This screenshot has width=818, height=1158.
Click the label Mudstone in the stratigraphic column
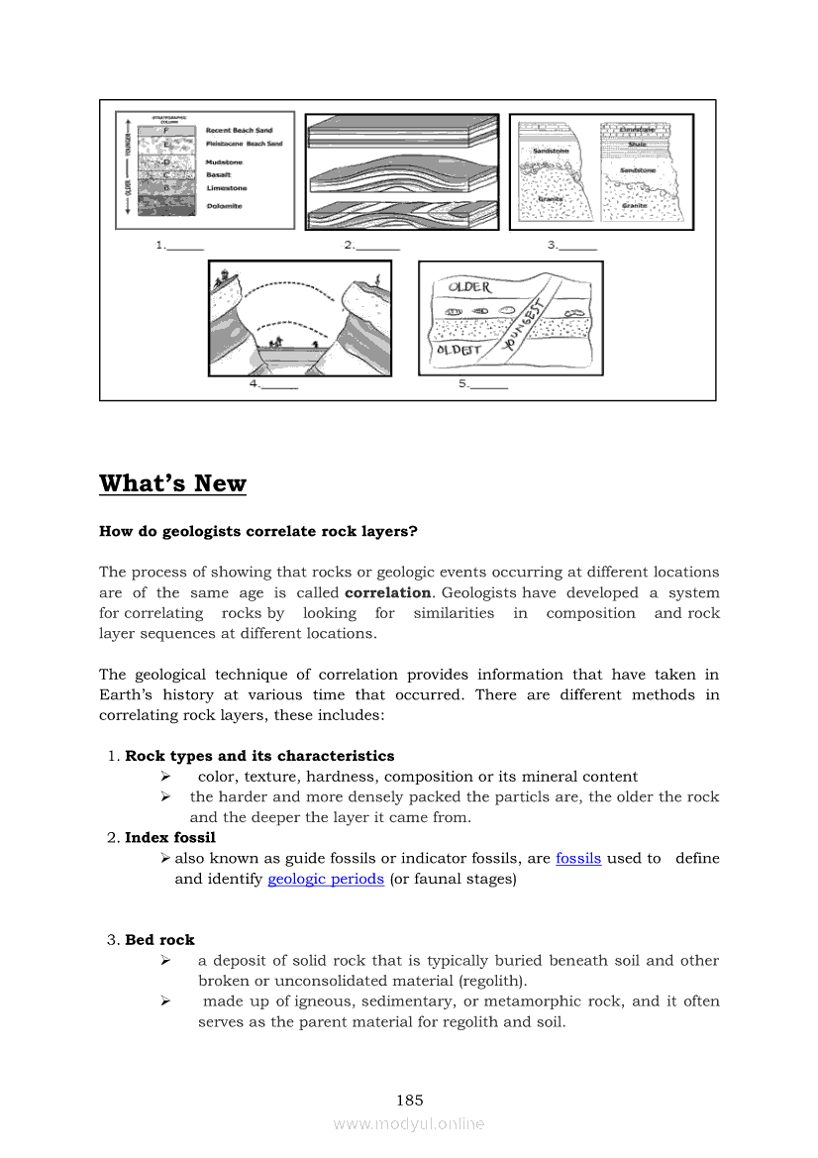point(224,161)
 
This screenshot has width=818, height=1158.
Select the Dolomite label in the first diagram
point(224,206)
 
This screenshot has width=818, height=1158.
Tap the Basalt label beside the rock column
point(219,174)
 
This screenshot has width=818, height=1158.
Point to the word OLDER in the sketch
point(469,287)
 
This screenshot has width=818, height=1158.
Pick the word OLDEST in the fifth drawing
point(459,350)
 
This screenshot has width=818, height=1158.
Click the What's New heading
point(172,483)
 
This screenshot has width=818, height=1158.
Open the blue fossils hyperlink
point(578,858)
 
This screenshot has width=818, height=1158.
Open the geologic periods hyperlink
point(326,879)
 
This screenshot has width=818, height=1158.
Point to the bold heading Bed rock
point(159,939)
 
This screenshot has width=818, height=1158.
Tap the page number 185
point(409,1100)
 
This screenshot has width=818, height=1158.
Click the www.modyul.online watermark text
point(409,1123)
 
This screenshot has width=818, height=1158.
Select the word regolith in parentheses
point(492,981)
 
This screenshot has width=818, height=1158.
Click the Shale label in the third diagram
point(637,144)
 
